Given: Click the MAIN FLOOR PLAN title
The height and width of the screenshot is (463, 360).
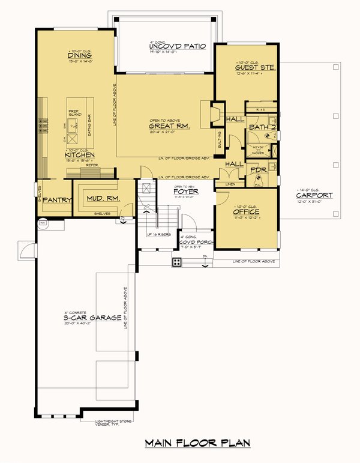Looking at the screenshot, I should pos(197,443).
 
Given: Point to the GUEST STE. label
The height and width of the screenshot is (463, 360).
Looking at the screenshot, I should pos(255,68).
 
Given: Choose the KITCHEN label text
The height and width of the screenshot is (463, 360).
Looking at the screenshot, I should pos(80,155).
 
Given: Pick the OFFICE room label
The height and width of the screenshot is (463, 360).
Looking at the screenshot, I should pos(246,212).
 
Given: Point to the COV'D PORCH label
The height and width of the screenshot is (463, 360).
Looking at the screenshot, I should pos(191,242).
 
